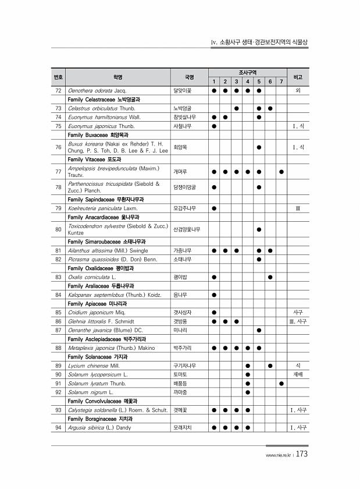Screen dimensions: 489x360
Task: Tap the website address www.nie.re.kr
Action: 277,456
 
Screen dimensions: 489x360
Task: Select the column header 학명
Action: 118,76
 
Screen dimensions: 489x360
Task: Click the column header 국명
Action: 189,76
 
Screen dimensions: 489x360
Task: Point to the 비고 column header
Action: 298,76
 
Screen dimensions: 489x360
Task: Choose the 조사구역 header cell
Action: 247,72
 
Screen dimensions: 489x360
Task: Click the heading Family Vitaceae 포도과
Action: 94,159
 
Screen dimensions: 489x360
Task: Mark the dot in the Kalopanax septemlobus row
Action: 214,295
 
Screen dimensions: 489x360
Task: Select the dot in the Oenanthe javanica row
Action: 258,330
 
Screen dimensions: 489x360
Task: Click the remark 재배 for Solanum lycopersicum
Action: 298,374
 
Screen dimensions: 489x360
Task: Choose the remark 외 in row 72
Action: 298,91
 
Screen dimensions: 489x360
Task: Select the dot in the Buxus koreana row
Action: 258,147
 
